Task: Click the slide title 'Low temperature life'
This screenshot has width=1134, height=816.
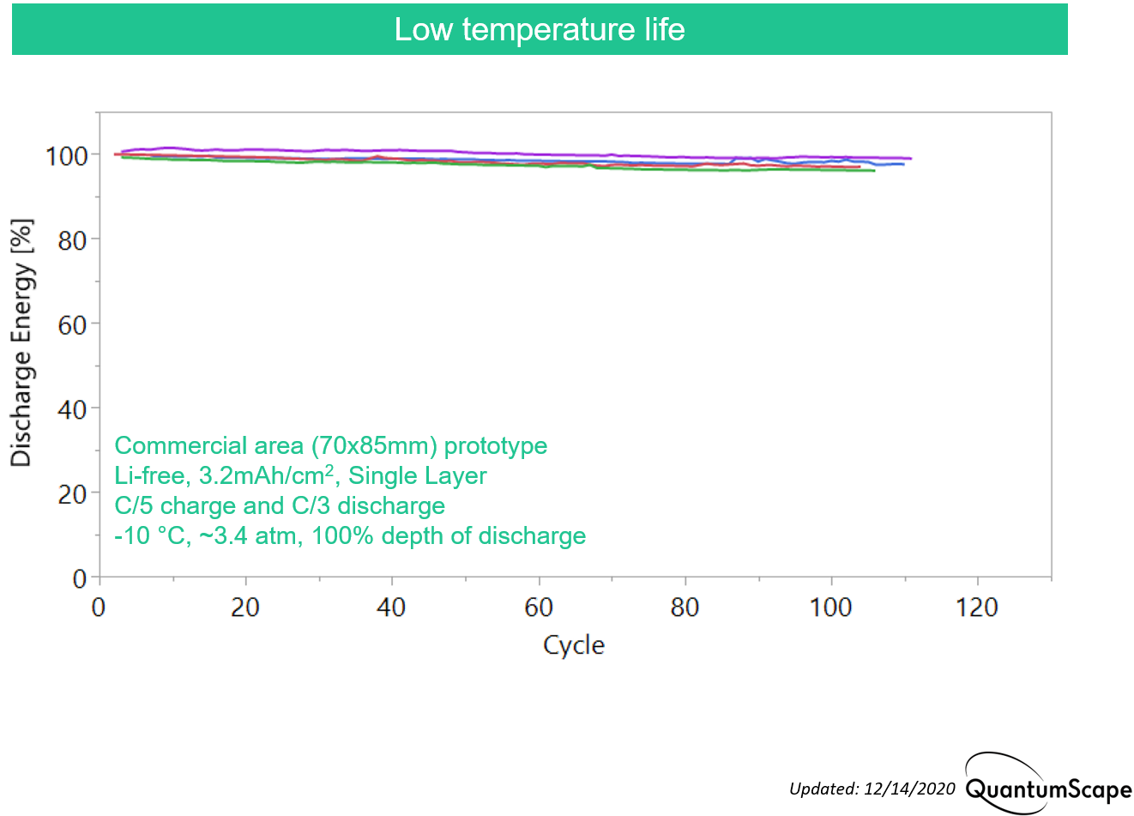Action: pos(540,29)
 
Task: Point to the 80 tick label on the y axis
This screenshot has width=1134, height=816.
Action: pos(72,241)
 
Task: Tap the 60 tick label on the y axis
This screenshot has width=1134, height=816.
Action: pos(72,326)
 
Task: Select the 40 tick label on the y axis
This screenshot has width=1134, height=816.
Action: pos(72,410)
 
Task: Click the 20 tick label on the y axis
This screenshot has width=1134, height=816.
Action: pos(72,495)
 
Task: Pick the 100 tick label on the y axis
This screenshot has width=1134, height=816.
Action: pos(66,156)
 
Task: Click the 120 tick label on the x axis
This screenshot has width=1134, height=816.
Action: pos(976,607)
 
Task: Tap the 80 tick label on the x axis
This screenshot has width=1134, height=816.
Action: pos(685,607)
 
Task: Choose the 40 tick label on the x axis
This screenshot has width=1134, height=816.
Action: pos(391,607)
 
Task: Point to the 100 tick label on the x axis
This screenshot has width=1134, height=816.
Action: pos(830,607)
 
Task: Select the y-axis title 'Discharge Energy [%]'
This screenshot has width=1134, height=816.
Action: pos(21,343)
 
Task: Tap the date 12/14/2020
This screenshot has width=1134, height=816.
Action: pos(910,789)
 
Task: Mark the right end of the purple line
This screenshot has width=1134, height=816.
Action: pos(911,159)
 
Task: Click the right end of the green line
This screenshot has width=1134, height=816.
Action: pos(875,171)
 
